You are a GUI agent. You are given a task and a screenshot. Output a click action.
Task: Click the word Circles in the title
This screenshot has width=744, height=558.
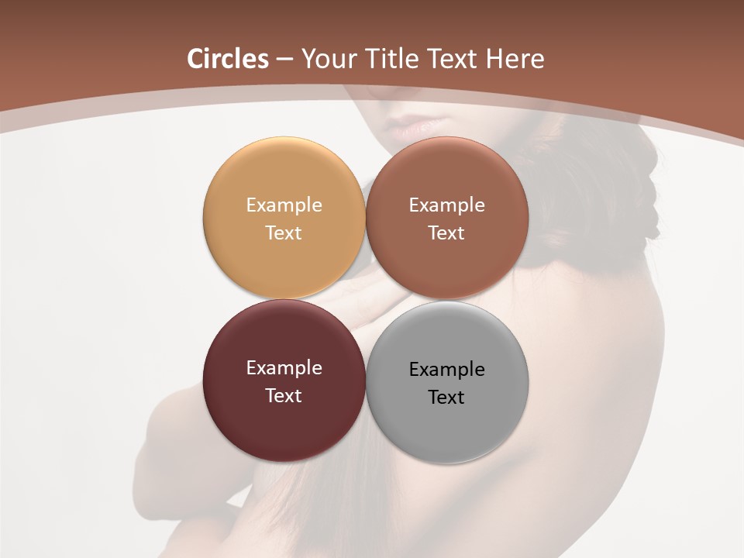227,59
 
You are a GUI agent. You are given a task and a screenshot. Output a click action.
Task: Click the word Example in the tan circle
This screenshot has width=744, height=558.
284,205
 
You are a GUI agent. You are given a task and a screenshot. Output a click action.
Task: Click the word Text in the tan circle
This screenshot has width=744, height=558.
284,232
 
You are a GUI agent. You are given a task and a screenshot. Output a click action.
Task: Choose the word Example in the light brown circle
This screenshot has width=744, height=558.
446,205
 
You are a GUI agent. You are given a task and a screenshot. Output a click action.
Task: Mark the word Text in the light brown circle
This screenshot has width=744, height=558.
446,232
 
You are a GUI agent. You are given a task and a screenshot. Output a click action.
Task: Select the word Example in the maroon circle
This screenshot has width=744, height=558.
284,368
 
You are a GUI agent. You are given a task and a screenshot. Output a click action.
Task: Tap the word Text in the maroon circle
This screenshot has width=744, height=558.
284,395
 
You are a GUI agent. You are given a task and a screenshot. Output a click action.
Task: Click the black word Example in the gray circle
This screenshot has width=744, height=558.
446,370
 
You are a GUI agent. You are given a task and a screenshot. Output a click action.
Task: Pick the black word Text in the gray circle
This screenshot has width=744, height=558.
446,397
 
